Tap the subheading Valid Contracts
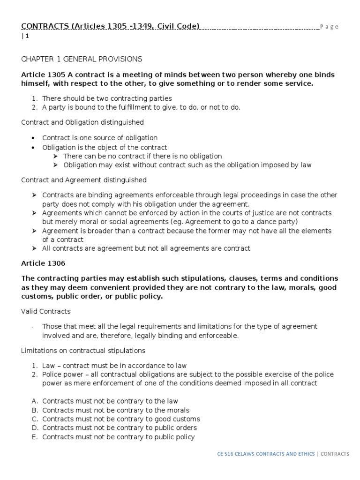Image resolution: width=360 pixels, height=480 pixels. [46, 311]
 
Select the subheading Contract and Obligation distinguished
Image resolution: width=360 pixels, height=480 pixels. [82, 122]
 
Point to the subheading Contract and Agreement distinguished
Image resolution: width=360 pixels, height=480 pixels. [84, 180]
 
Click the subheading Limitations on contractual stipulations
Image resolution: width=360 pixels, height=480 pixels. [83, 351]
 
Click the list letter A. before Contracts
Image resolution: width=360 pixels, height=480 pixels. [34, 401]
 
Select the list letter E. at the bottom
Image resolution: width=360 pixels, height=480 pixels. [34, 437]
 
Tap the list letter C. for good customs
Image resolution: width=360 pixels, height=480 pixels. [34, 419]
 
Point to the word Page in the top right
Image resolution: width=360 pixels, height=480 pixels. [330, 27]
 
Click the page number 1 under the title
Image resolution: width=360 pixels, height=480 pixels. [27, 36]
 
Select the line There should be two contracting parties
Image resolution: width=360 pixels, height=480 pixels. [107, 98]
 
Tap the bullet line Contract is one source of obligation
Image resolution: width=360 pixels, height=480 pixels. [99, 138]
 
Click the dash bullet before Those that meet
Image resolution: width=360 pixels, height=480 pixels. [31, 326]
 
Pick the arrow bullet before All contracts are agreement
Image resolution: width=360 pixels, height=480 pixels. [34, 248]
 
